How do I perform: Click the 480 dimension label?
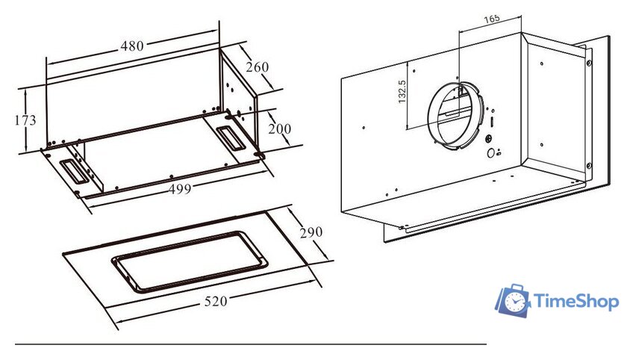tap(132, 46)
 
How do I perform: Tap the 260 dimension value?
tap(257, 66)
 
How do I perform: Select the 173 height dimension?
tap(25, 120)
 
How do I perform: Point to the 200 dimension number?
tap(279, 128)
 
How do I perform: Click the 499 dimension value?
tap(180, 189)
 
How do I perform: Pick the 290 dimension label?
tap(311, 232)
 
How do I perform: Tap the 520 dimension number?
tap(216, 301)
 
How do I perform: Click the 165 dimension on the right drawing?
tap(491, 19)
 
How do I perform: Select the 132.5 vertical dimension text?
tap(402, 92)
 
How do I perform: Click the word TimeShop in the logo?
tap(576, 301)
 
